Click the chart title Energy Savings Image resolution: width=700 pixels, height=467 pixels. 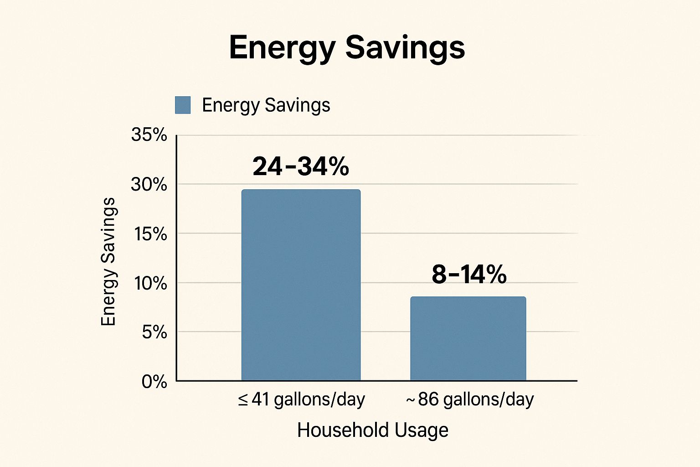pos(347,47)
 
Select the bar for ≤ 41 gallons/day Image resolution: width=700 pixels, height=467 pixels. pos(301,285)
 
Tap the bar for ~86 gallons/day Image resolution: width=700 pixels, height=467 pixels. pos(468,338)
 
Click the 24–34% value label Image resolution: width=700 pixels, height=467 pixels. pos(301,166)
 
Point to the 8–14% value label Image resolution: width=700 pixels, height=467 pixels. pos(469,275)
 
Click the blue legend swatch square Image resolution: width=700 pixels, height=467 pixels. pos(183,105)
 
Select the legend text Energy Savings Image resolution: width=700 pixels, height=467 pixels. pos(266,105)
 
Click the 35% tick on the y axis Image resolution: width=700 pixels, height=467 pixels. pos(149,135)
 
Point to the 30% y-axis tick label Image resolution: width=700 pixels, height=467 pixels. pos(149,184)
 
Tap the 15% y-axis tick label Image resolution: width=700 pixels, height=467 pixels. pos(150,234)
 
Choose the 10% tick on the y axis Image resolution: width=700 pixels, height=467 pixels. pos(150,283)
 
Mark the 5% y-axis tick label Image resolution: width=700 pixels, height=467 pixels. pos(154,332)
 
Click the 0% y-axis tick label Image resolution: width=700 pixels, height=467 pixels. pos(154,381)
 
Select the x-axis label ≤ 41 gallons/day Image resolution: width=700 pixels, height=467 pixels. pos(301,400)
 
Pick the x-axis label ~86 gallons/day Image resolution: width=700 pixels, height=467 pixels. pos(469,400)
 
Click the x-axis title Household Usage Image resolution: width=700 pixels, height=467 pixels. pos(372,430)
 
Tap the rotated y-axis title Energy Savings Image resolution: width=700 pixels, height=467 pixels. pos(108,262)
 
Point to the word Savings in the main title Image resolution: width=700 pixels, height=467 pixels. pos(405,47)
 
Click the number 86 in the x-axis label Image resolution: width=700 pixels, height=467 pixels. pos(428,400)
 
